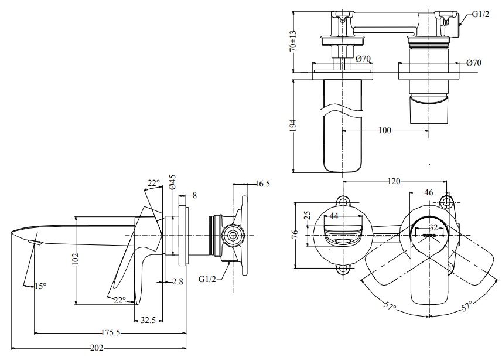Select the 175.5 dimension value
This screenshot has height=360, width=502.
click(x=110, y=332)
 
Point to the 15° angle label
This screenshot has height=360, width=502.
click(x=40, y=286)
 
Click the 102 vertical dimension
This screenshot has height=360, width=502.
click(x=75, y=260)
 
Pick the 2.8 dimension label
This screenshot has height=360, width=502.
click(x=177, y=281)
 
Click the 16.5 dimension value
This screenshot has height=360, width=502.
click(x=262, y=184)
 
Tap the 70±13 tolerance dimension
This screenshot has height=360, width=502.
click(x=293, y=40)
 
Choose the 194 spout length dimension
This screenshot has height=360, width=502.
click(x=293, y=124)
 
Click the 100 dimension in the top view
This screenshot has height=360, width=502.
click(x=384, y=130)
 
